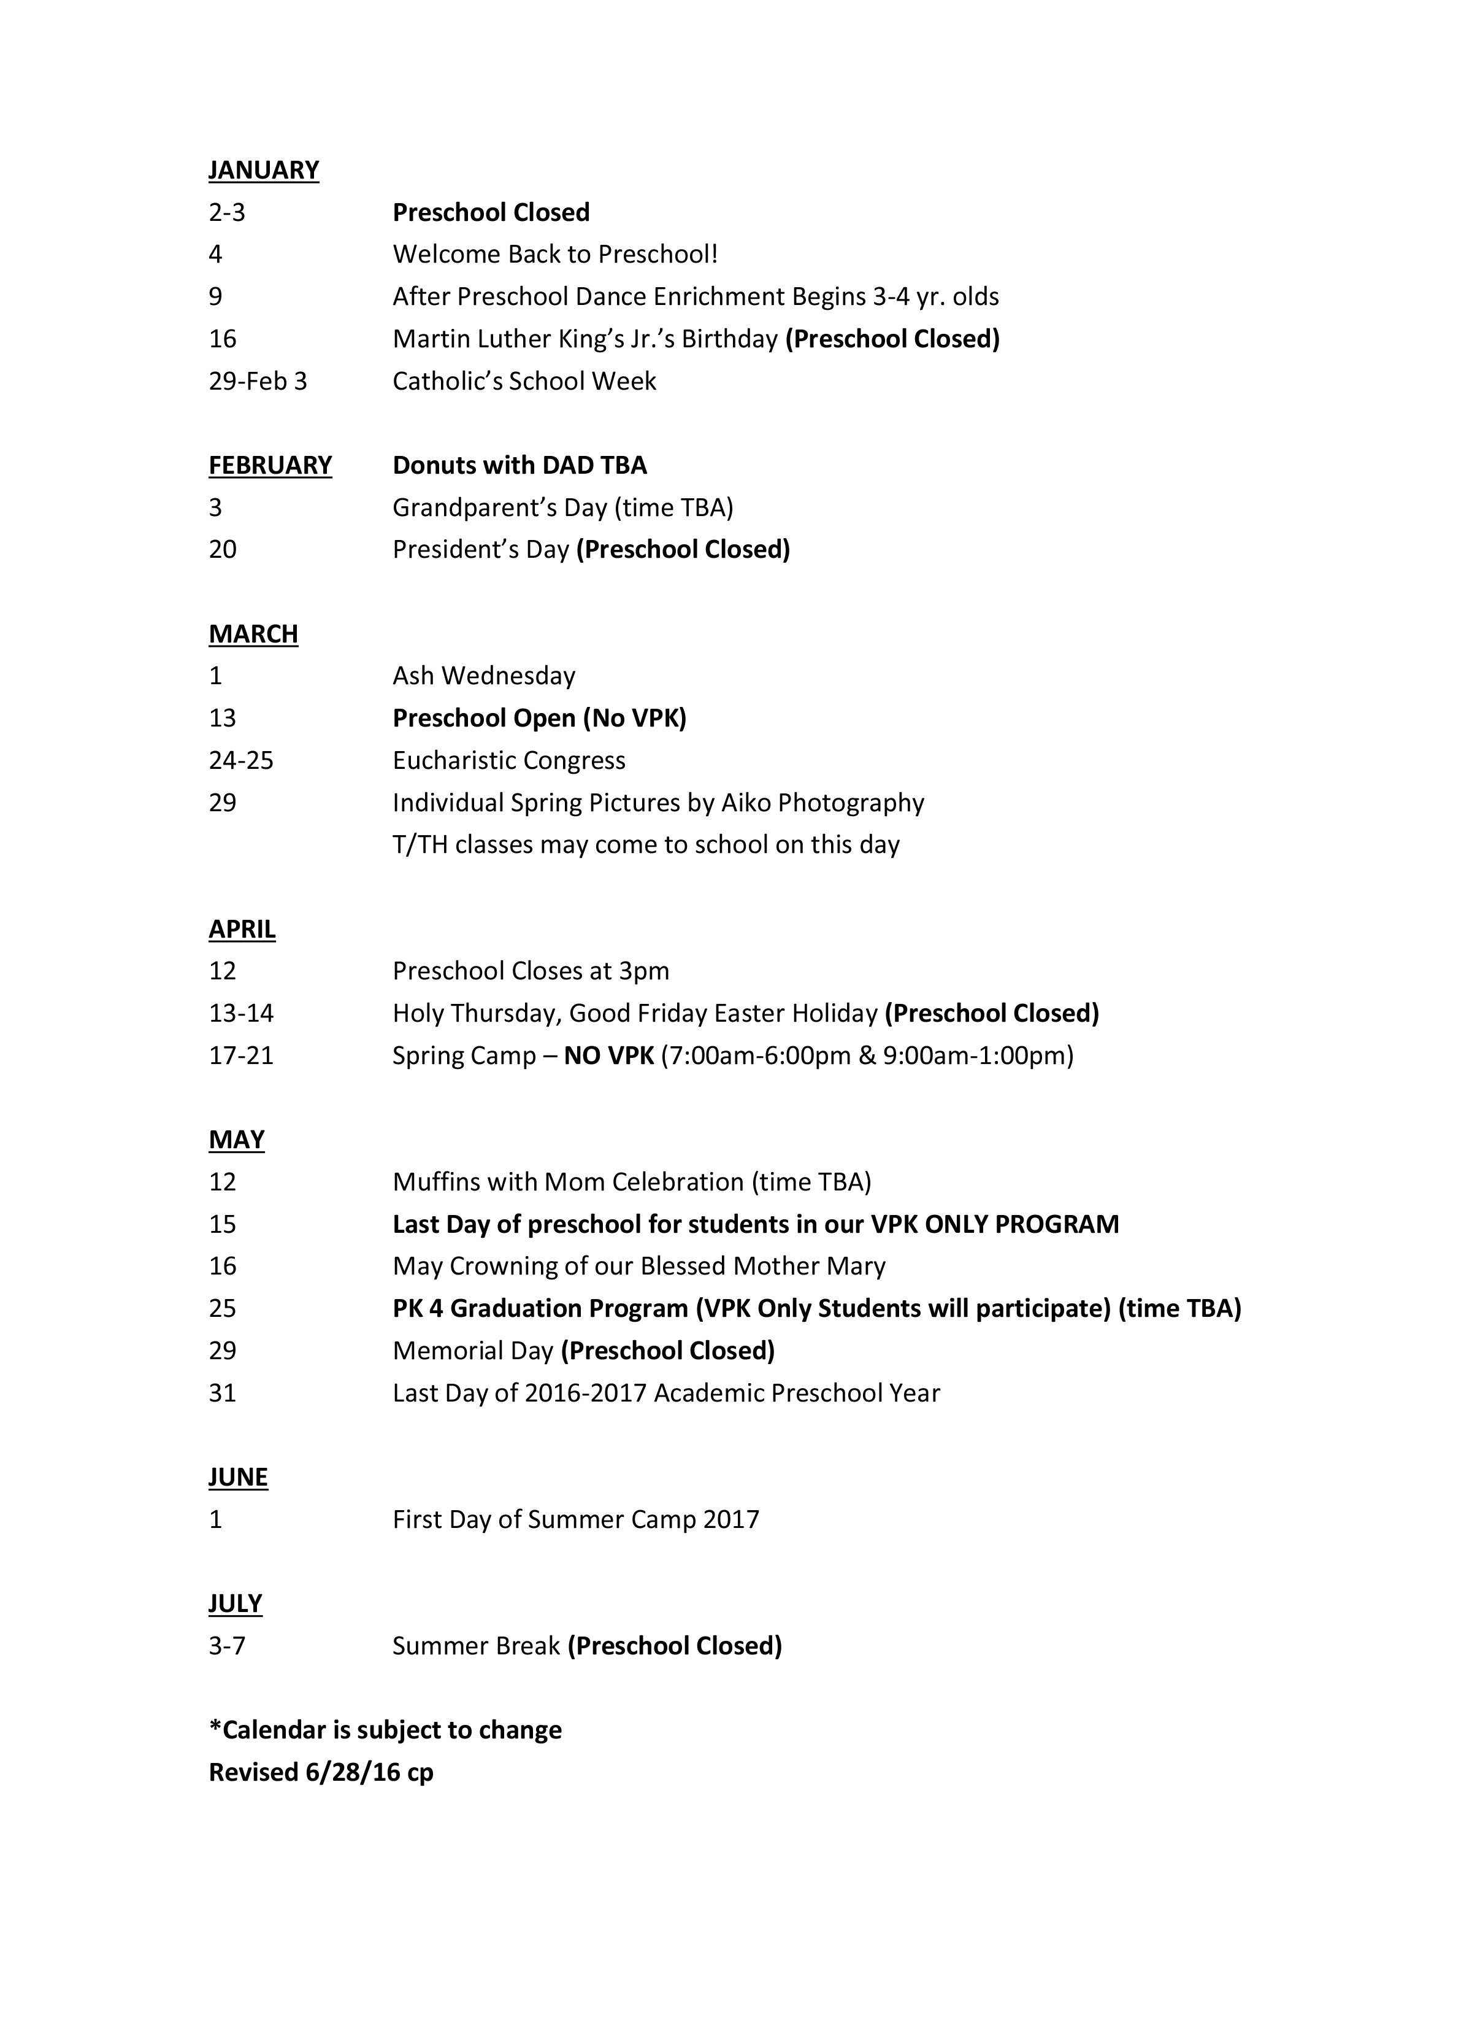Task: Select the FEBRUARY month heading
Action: point(270,465)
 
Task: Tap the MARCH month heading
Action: point(253,634)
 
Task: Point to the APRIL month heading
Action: point(242,930)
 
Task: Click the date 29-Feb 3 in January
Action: point(257,381)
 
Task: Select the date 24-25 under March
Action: point(241,761)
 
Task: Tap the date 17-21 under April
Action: point(241,1056)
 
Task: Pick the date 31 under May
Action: point(222,1394)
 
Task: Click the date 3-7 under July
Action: point(227,1646)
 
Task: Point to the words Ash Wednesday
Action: point(484,676)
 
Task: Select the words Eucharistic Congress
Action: point(509,761)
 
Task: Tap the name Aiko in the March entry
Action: point(745,803)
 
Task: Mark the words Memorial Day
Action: point(473,1351)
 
